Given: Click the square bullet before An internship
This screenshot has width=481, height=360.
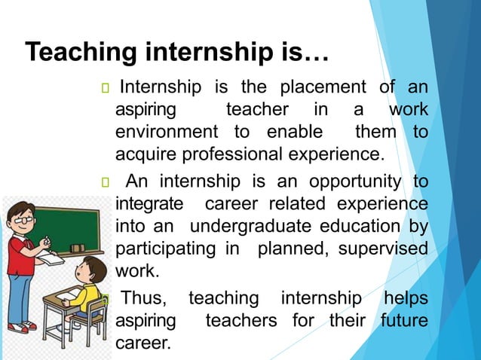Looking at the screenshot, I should pos(104,183).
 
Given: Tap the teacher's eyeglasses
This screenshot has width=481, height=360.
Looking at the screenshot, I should pos(22,219).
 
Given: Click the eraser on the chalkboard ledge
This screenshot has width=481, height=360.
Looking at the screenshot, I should pos(77,247).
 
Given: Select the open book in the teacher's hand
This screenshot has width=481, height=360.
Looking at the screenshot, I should pos(51,259).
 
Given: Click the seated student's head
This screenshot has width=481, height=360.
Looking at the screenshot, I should pos(94,269).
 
